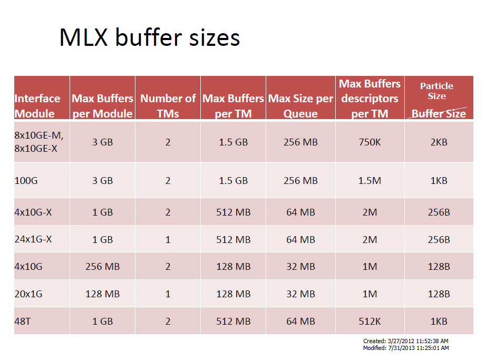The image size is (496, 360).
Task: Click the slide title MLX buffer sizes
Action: (x=150, y=37)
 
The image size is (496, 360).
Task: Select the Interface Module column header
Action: (x=37, y=106)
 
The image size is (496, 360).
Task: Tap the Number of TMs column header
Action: (x=168, y=106)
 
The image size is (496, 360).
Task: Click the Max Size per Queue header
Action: (x=300, y=106)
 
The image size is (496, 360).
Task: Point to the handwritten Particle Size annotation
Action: (x=436, y=91)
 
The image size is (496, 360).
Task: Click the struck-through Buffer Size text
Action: (x=439, y=114)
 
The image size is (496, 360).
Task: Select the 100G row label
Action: (x=26, y=180)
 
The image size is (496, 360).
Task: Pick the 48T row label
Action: (x=23, y=321)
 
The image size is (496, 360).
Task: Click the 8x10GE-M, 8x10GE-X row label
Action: (x=38, y=142)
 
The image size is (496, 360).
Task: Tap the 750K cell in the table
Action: (x=369, y=142)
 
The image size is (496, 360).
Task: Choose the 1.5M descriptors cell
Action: (x=369, y=180)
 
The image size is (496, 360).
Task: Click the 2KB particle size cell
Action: (x=439, y=142)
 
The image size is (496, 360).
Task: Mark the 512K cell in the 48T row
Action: (x=369, y=321)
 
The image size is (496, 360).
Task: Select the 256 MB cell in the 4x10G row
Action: (x=102, y=267)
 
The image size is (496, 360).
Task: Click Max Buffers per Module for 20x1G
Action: (x=102, y=294)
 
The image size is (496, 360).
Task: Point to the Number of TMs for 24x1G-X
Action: (x=168, y=239)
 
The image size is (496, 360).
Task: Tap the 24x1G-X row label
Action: (x=33, y=239)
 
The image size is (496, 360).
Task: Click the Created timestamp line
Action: (x=406, y=342)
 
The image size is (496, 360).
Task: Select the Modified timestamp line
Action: (x=406, y=348)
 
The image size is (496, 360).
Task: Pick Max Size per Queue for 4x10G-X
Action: (x=300, y=212)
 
